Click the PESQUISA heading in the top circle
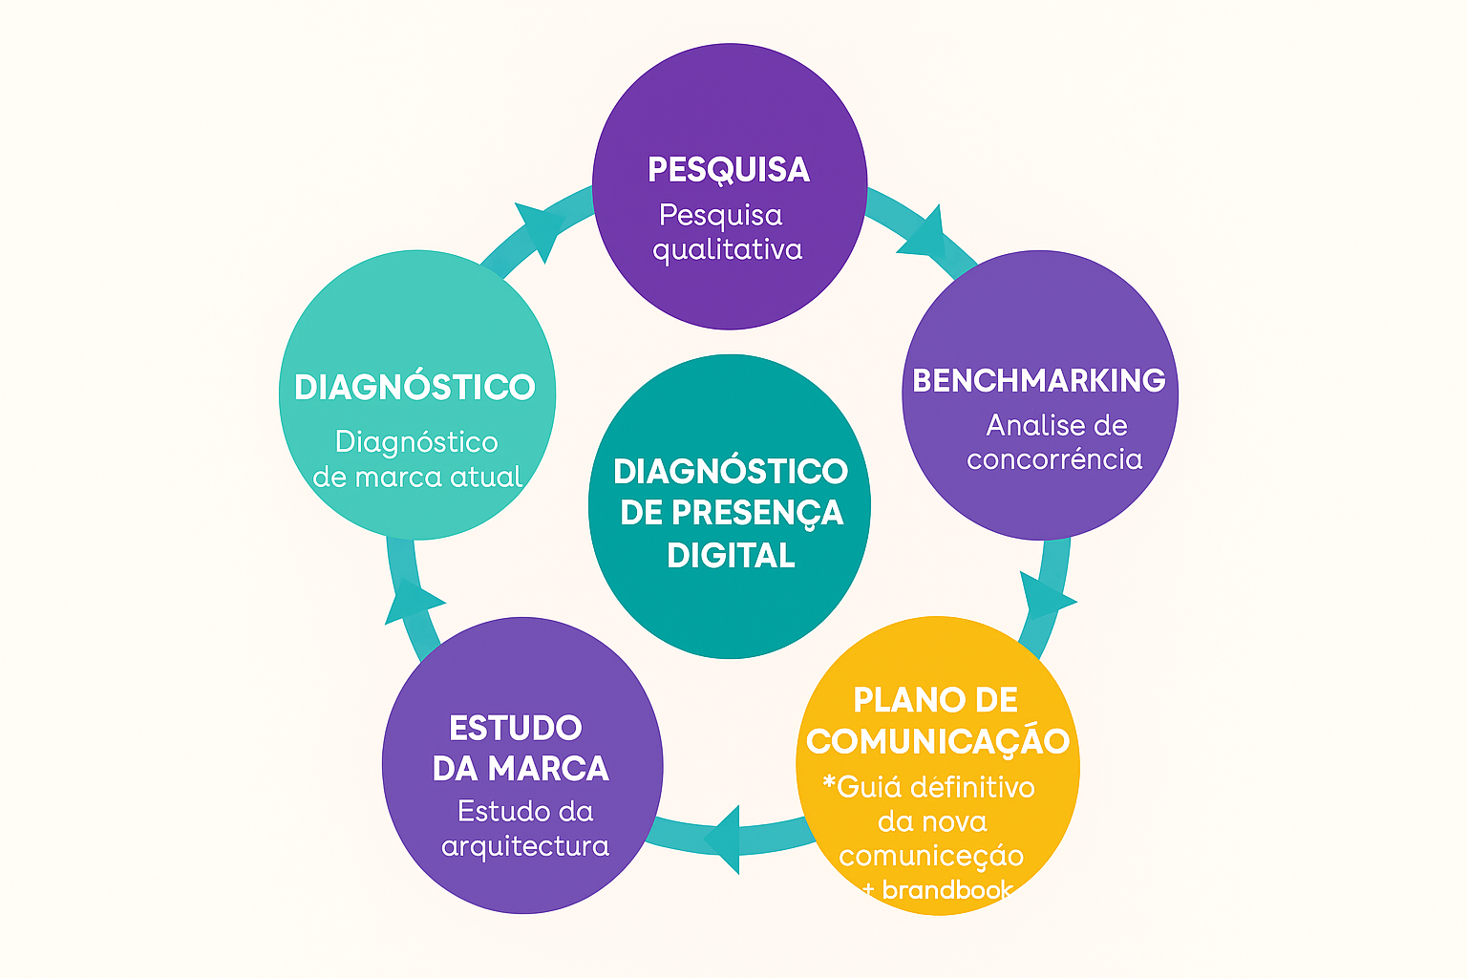pyautogui.click(x=729, y=170)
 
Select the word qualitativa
pyautogui.click(x=728, y=250)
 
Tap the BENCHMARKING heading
pyautogui.click(x=1039, y=380)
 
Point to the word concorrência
pyautogui.click(x=1054, y=459)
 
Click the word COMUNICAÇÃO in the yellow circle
pyautogui.click(x=938, y=741)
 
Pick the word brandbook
pyautogui.click(x=946, y=890)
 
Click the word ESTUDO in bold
pyautogui.click(x=516, y=728)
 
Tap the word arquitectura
pyautogui.click(x=525, y=846)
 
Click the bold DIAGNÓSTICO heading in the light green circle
pyautogui.click(x=415, y=387)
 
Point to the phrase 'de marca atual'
pyautogui.click(x=417, y=477)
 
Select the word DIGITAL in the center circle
pyautogui.click(x=731, y=555)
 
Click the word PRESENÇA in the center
pyautogui.click(x=757, y=513)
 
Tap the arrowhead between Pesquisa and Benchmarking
pyautogui.click(x=923, y=233)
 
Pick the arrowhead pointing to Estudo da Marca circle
pyautogui.click(x=724, y=839)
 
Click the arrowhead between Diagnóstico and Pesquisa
pyautogui.click(x=539, y=229)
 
